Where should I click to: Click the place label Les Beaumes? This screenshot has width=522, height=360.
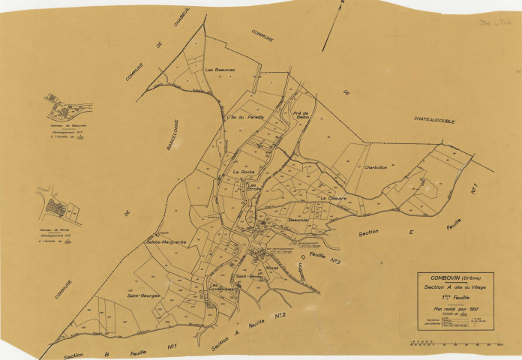(220, 70)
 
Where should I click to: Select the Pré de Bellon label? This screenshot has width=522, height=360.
(302, 114)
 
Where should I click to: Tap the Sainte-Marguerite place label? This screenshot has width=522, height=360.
(166, 242)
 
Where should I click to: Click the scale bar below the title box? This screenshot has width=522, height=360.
(455, 343)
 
